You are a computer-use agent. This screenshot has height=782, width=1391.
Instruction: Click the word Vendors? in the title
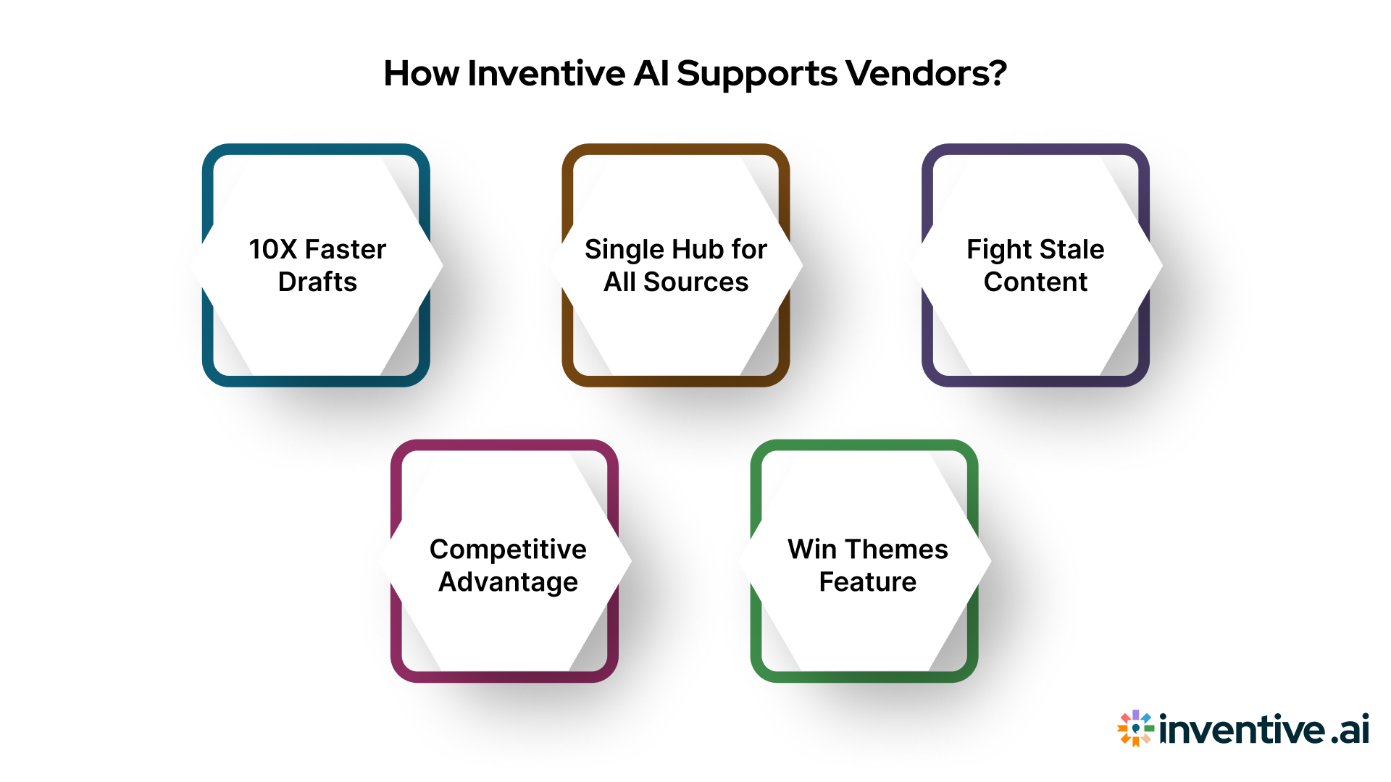coord(926,74)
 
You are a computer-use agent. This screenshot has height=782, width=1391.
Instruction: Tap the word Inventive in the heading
coord(546,74)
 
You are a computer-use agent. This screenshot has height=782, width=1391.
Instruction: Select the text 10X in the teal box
coord(273,250)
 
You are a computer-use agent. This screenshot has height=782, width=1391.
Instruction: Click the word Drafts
coord(317,282)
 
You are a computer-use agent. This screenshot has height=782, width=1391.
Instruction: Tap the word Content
coord(1035,282)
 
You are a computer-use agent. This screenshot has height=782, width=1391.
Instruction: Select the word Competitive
coord(508,550)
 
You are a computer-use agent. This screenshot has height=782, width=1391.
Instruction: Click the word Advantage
coord(508,582)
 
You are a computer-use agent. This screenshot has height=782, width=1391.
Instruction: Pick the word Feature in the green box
coord(867,582)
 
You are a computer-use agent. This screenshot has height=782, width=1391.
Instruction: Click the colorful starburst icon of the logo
coord(1135,728)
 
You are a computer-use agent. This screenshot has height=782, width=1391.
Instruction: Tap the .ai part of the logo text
coord(1350,730)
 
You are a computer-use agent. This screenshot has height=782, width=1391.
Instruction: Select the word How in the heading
coord(421,74)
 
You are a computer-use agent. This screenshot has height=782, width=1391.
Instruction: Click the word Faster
coord(345,250)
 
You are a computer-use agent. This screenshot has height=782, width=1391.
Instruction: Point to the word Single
coord(624,250)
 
